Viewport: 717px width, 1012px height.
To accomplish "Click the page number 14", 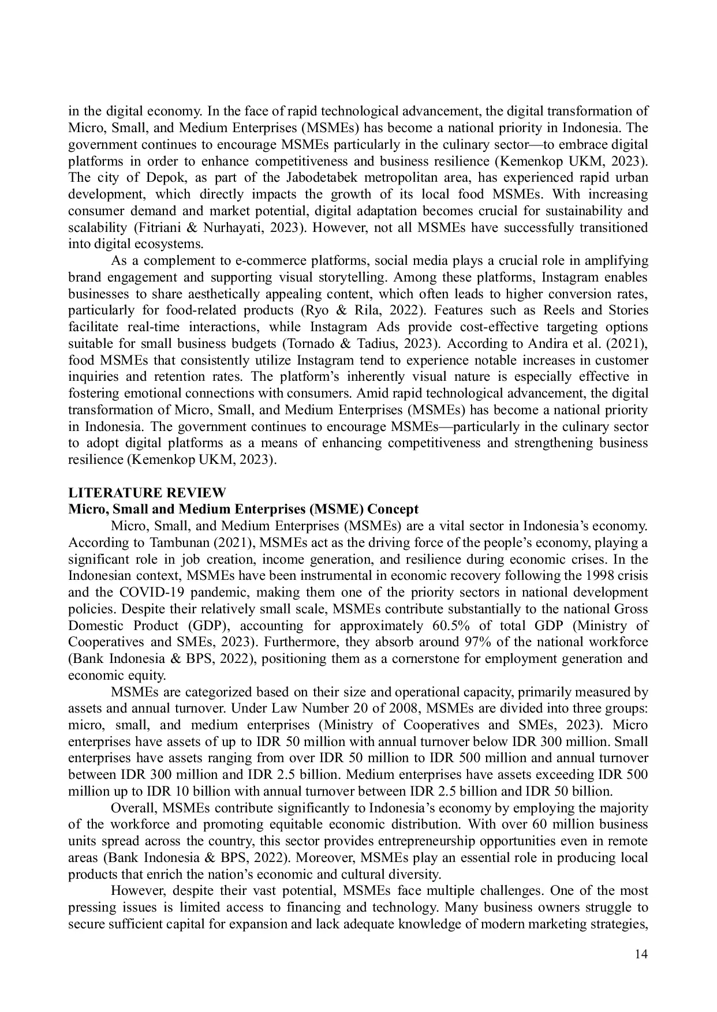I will point(641,954).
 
